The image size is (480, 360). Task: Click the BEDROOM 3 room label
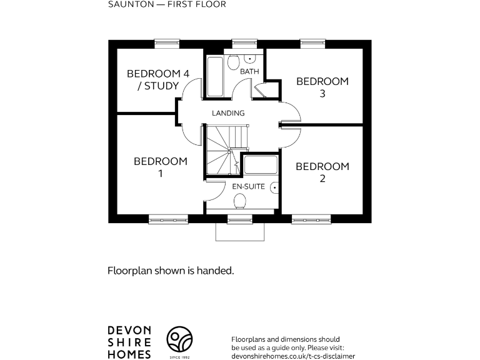coord(322,87)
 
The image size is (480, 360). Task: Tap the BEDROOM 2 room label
coord(322,172)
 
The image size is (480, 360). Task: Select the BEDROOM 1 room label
coord(161,167)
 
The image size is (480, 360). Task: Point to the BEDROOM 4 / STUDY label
coord(157,80)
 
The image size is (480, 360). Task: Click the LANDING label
coord(228,113)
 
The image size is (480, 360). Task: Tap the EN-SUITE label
coord(248,187)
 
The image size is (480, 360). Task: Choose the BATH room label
coord(249,72)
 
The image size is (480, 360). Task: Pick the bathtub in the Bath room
coord(214,77)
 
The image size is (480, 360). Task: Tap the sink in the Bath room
coord(250,59)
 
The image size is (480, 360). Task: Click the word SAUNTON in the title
coord(127,4)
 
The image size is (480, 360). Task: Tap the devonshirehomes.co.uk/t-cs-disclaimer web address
coord(292,355)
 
